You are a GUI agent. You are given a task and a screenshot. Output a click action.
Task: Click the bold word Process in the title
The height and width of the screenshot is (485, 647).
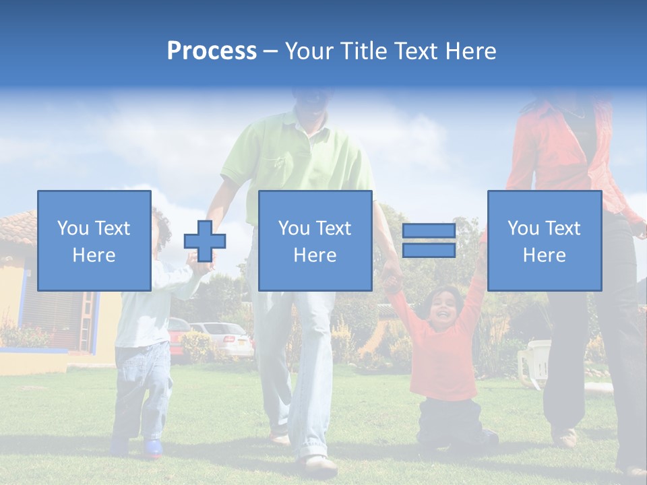[x=212, y=51]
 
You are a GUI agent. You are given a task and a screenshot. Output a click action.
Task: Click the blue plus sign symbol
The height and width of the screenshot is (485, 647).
[x=205, y=240]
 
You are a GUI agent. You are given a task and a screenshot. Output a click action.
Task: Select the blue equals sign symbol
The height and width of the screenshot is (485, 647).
[x=429, y=240]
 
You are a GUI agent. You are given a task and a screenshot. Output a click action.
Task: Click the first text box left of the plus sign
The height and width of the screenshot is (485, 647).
[x=94, y=240]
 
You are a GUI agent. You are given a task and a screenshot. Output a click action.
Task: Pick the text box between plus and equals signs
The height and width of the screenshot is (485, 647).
[x=315, y=240]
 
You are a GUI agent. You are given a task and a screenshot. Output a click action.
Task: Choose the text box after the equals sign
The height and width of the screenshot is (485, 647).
[x=545, y=240]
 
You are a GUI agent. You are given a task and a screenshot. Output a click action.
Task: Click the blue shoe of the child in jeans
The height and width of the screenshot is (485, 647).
[x=152, y=447]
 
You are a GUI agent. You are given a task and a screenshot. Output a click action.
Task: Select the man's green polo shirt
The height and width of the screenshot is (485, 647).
[x=297, y=155]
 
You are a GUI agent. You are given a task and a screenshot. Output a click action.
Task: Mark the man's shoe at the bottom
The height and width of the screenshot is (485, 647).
[x=319, y=464]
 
